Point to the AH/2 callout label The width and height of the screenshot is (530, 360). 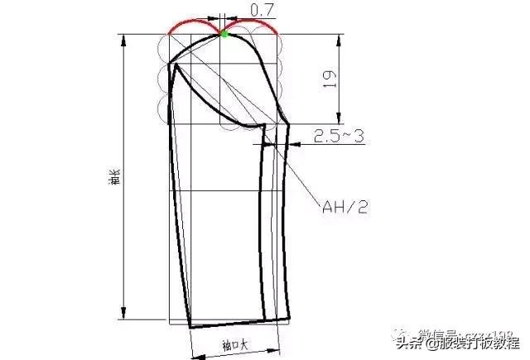[x=346, y=206]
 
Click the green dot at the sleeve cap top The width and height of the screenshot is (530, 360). [x=223, y=33]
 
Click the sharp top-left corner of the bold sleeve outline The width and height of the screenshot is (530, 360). [x=170, y=64]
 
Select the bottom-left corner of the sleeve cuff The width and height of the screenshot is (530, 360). [x=190, y=326]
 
